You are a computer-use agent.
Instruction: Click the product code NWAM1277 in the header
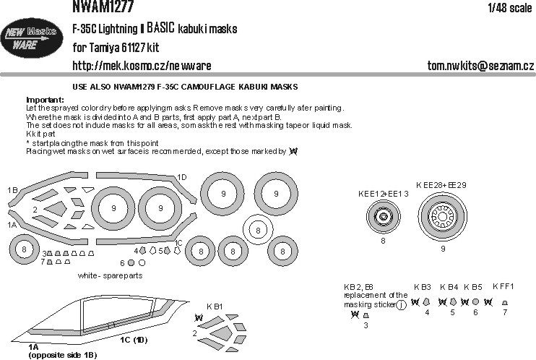click(x=101, y=7)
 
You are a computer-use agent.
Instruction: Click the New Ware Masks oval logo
click(x=33, y=40)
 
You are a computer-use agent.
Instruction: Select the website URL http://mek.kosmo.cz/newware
click(x=142, y=66)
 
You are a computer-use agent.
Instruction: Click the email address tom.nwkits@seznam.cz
click(x=480, y=66)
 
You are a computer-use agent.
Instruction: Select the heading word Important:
click(x=45, y=99)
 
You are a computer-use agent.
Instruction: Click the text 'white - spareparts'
click(x=111, y=276)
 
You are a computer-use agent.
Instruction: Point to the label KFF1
click(x=503, y=286)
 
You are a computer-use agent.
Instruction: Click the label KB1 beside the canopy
click(x=215, y=307)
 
